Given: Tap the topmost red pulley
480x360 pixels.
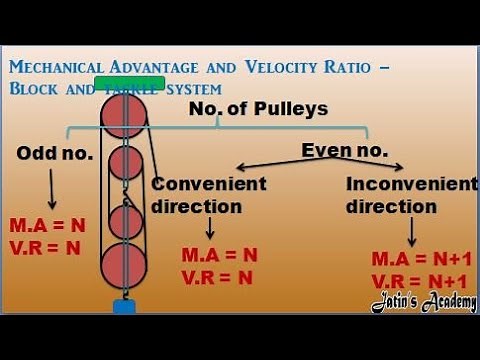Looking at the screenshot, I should pos(124,117).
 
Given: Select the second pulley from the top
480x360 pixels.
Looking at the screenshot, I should pos(126,163).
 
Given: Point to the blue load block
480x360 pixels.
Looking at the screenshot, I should pos(124,306).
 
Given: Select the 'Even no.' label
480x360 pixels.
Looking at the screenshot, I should pos(342,151).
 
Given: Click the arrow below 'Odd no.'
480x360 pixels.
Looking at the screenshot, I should pos(52,187).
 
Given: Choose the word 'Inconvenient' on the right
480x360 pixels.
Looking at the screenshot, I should pos(411,184).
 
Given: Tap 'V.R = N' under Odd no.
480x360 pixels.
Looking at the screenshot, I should pos(45,247).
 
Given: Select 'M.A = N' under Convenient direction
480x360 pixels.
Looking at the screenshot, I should pos(219,254).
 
